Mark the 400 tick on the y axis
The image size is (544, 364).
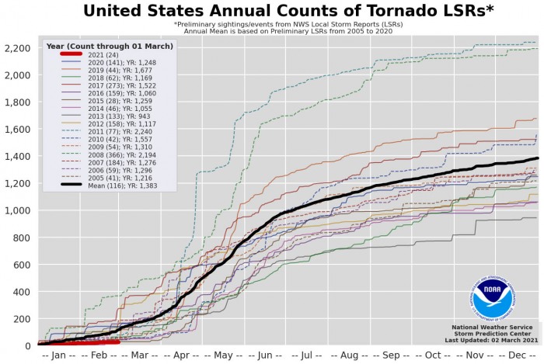[x=20, y=292]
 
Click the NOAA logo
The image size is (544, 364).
[x=491, y=300]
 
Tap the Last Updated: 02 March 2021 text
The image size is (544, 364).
[x=492, y=341]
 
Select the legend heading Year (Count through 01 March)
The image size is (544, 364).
[x=110, y=47]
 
